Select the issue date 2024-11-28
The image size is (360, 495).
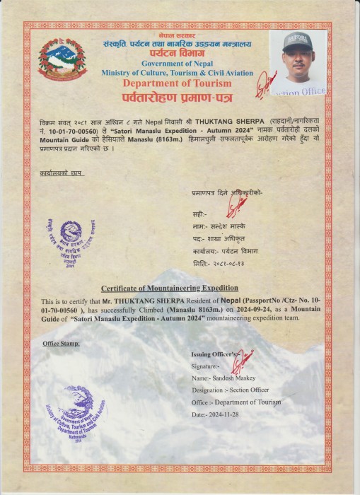(224, 415)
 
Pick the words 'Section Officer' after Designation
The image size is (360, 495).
(246, 390)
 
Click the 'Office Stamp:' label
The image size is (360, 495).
(62, 344)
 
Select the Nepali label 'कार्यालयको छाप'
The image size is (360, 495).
(60, 172)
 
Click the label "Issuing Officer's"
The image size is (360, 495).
(216, 353)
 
